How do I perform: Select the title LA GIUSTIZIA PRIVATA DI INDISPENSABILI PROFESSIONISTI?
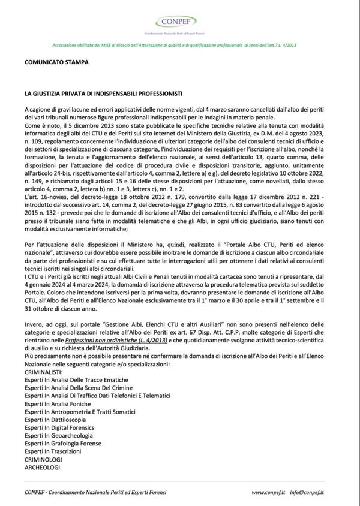[x=104, y=94]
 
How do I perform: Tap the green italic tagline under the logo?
[x=179, y=45]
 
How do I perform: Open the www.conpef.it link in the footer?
[x=268, y=492]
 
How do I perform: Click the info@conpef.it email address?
[x=307, y=492]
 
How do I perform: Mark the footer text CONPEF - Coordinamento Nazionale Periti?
[x=95, y=492]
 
